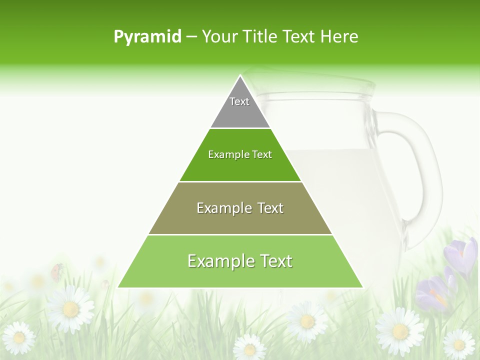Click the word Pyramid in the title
[x=147, y=37]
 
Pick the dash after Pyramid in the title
[x=191, y=37]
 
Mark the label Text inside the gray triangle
[x=239, y=101]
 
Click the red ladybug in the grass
[x=56, y=271]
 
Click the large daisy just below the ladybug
[x=70, y=308]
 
